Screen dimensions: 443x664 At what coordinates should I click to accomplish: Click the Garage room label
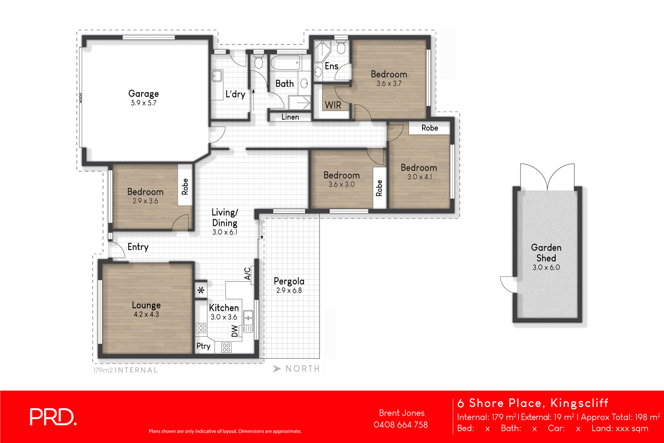click(143, 94)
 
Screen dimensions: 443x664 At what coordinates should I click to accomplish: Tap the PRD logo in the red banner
click(53, 417)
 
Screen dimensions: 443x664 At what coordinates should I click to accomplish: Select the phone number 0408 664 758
click(400, 425)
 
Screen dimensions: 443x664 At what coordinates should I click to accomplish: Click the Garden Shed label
click(546, 252)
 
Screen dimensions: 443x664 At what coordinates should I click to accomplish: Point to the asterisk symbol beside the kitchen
click(201, 290)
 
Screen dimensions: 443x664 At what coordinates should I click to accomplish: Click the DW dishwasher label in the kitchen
click(235, 331)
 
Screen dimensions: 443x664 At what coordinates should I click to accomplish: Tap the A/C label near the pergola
click(247, 274)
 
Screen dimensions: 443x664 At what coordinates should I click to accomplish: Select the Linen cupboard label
click(290, 117)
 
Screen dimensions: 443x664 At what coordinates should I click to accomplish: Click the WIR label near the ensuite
click(333, 105)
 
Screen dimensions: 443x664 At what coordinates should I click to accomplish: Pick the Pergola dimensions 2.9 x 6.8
click(289, 291)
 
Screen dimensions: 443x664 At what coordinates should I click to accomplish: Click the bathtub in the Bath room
click(285, 63)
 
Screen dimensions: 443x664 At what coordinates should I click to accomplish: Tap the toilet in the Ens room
click(341, 48)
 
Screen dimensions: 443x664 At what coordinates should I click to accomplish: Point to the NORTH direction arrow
click(277, 369)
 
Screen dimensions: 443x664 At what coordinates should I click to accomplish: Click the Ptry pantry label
click(203, 346)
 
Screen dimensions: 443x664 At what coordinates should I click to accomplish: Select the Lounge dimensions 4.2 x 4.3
click(146, 314)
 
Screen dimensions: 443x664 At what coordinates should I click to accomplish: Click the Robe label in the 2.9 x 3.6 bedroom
click(185, 186)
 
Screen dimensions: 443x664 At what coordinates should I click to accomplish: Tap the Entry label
click(138, 247)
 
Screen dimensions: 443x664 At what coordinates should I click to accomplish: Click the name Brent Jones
click(401, 413)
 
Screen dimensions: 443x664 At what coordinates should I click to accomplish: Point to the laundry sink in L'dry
click(217, 76)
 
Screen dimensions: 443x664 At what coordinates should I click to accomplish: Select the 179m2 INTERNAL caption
click(125, 370)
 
